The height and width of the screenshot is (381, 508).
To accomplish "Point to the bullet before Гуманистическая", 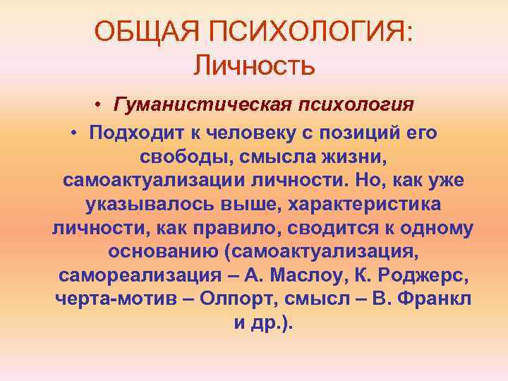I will tap(102, 107).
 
